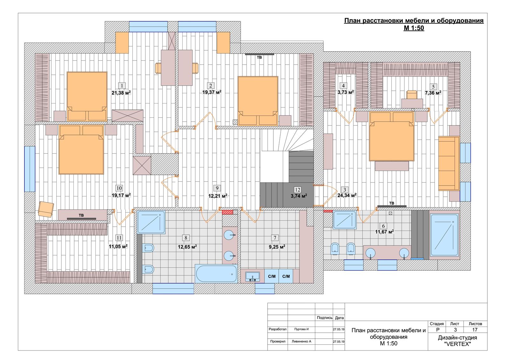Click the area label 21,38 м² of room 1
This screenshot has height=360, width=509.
[121, 93]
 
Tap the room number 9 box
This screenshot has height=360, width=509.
[217, 188]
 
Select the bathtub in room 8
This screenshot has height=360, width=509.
[216, 274]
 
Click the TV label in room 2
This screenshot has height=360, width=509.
[259, 58]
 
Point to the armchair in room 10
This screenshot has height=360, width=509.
[46, 209]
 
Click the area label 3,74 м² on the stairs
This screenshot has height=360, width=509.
[299, 196]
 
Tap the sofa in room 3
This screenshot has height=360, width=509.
[449, 163]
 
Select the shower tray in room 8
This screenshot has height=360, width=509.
[151, 222]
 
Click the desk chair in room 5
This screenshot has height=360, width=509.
[412, 95]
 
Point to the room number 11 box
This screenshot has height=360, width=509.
[119, 238]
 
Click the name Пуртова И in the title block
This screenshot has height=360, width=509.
[301, 329]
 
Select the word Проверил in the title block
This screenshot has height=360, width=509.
[278, 341]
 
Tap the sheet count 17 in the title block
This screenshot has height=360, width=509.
[475, 330]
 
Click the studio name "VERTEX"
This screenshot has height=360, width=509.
[457, 344]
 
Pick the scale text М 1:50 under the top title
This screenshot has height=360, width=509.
[414, 28]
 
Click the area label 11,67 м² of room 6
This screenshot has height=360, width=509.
[384, 232]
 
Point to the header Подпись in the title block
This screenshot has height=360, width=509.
[324, 318]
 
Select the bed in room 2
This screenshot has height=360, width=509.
[258, 101]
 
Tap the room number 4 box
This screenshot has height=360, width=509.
[343, 86]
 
